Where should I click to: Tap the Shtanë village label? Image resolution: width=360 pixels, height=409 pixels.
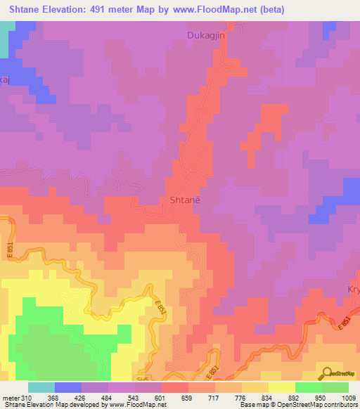point(186,200)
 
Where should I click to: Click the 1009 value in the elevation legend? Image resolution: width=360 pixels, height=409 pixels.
point(349,397)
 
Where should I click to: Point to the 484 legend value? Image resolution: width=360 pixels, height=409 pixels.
point(108,397)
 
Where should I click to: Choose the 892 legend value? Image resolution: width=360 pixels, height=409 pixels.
point(295,397)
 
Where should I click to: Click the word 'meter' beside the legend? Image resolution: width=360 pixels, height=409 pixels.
point(11,397)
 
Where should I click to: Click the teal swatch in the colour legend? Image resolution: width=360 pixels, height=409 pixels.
point(41,387)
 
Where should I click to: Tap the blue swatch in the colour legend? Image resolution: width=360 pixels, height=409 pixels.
point(68,387)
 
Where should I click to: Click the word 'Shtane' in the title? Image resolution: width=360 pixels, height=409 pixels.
point(25,9)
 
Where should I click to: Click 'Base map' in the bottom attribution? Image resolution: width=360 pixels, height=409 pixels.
point(252,405)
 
